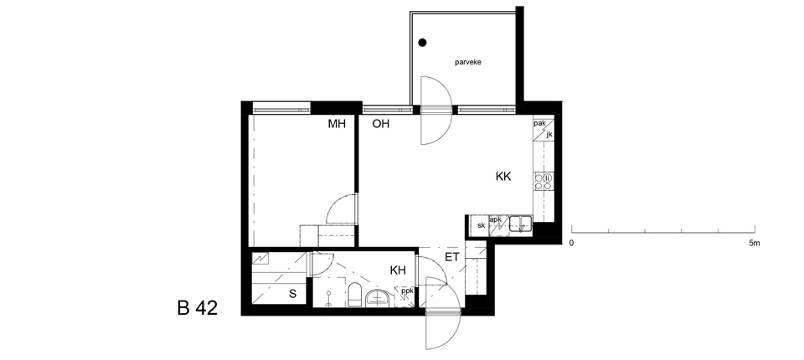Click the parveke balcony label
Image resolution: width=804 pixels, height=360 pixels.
click(468, 63)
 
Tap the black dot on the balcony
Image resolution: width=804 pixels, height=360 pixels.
click(422, 43)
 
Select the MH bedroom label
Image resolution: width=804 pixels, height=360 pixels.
click(337, 124)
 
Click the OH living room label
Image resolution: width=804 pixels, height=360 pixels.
click(380, 124)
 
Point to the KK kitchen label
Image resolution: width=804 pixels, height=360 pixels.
click(503, 177)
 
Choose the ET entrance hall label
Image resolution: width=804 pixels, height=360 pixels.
click(451, 257)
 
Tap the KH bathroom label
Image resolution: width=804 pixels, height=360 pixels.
click(398, 270)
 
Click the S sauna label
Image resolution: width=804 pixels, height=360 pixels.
click(293, 294)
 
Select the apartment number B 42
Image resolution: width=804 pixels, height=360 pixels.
click(198, 308)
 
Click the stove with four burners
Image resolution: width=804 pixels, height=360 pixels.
click(543, 182)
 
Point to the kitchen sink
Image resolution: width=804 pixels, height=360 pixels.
click(521, 224)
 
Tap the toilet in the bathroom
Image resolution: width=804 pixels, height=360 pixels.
click(354, 295)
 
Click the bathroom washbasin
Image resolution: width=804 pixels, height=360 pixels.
click(379, 298)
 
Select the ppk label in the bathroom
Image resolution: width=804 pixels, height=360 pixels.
click(407, 291)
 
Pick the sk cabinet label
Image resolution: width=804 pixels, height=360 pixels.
click(481, 225)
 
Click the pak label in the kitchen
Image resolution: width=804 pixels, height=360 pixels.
click(539, 124)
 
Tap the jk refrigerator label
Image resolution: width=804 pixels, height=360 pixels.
click(549, 134)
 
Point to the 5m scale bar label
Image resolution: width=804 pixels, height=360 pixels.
click(754, 243)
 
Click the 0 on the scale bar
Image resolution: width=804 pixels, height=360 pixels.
click(572, 243)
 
